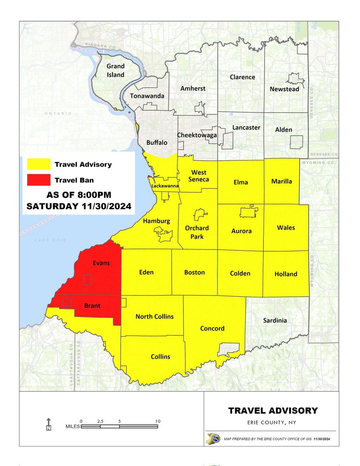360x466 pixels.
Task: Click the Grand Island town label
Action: (x=116, y=70)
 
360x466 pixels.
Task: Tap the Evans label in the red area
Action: (x=101, y=263)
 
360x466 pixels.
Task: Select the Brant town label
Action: (x=92, y=306)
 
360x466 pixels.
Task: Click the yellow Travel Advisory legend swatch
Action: (x=38, y=164)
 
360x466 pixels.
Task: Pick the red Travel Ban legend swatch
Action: (x=38, y=179)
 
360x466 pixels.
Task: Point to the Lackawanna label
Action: (x=165, y=186)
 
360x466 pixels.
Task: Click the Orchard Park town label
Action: (x=197, y=232)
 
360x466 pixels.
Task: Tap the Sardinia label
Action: (x=275, y=320)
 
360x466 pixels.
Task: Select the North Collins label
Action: (x=154, y=316)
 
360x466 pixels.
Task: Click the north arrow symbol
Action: (x=48, y=424)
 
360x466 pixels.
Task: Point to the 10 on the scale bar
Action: (x=157, y=421)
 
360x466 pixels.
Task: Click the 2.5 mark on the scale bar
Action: (x=100, y=421)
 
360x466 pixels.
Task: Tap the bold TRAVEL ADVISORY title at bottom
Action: (x=273, y=410)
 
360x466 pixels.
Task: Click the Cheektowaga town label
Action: (x=197, y=135)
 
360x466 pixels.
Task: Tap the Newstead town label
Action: (x=284, y=89)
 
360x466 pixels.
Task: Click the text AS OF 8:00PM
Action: (x=78, y=195)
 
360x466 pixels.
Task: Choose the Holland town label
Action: (x=286, y=274)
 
